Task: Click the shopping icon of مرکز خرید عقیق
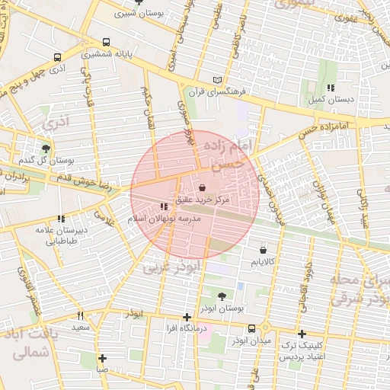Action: tap(202, 187)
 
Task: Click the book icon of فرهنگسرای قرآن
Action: tap(218, 79)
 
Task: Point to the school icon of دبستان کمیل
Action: tap(330, 88)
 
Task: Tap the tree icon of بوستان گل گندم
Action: tap(46, 149)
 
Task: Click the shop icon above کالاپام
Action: tap(263, 250)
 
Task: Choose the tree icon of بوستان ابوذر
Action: tap(222, 296)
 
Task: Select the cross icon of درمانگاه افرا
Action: tap(187, 317)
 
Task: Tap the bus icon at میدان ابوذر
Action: tap(250, 329)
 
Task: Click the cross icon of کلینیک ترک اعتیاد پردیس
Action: tap(302, 334)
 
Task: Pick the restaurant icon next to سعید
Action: tap(80, 315)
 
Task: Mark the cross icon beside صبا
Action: tap(102, 358)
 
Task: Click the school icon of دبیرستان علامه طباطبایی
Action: tap(61, 219)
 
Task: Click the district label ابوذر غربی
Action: tap(172, 267)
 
